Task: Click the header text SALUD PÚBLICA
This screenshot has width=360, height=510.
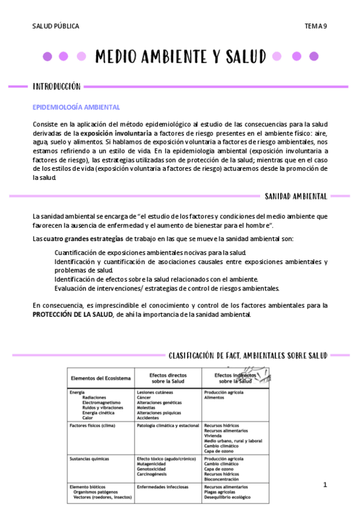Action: [55, 26]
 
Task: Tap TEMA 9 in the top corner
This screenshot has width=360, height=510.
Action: [316, 26]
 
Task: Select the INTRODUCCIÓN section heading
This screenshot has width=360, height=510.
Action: [56, 87]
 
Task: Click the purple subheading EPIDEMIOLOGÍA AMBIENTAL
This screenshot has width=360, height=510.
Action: [76, 106]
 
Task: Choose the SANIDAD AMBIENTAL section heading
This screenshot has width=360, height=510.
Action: [296, 196]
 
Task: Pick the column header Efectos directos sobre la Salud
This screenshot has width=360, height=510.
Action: [166, 378]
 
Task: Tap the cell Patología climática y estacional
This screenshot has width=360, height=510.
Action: [168, 425]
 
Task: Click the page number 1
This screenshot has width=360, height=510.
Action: [325, 484]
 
